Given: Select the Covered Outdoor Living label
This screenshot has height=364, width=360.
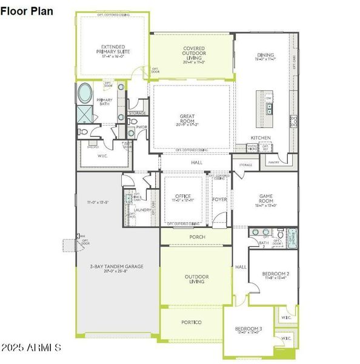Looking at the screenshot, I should (194, 52).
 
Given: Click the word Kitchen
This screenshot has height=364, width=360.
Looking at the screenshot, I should (261, 138).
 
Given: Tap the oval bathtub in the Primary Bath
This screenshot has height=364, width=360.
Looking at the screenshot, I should (85, 93).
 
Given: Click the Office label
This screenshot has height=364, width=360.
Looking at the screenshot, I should (183, 196).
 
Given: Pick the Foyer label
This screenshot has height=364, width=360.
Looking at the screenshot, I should (219, 198).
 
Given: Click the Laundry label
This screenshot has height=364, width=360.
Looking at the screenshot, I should (142, 210).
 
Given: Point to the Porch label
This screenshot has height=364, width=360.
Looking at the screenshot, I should (197, 237).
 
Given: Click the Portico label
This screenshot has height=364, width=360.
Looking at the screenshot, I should (192, 322).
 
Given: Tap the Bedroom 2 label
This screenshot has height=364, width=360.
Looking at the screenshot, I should (276, 274).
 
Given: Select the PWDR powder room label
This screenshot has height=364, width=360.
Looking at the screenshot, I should (142, 127).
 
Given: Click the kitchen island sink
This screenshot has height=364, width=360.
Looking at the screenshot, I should (268, 109).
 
